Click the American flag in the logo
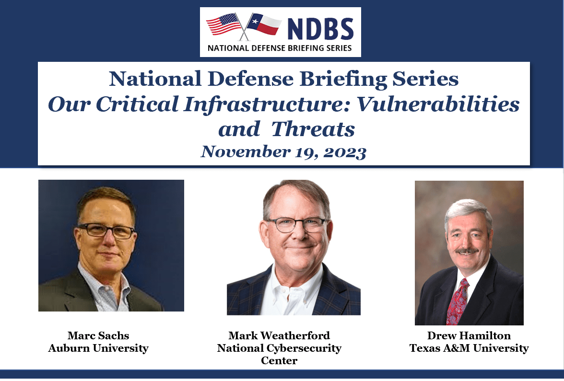[223, 24]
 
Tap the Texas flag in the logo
[264, 24]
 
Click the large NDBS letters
[320, 29]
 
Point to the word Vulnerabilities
[438, 104]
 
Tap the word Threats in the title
[313, 129]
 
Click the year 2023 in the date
[344, 152]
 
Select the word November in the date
[246, 151]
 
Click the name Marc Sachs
[98, 335]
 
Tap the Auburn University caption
[98, 348]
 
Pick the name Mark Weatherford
[279, 335]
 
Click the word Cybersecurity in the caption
[304, 348]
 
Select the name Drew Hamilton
[469, 335]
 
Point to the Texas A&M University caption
[469, 348]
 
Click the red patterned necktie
[457, 302]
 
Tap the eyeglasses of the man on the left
[106, 231]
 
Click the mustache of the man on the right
[467, 251]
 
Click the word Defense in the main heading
[251, 79]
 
